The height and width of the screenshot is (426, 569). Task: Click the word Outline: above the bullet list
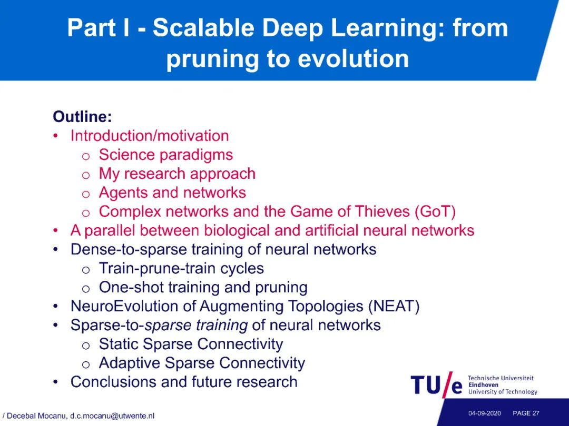point(82,116)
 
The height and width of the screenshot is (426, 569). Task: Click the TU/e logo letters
point(436,385)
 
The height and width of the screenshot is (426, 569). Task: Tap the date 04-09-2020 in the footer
point(484,413)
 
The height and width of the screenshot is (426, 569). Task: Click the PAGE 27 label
point(526,413)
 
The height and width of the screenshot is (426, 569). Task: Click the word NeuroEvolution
point(124,306)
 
